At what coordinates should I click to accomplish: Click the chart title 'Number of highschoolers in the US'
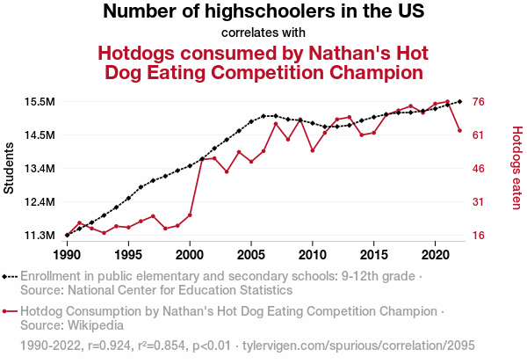click(263, 12)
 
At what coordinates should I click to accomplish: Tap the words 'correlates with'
click(263, 33)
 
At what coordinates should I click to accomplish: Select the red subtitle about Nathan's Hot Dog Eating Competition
click(263, 62)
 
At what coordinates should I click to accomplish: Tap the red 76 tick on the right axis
click(480, 102)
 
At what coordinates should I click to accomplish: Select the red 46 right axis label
click(480, 169)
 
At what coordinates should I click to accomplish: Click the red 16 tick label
click(480, 236)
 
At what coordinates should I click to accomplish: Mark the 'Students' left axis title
click(10, 169)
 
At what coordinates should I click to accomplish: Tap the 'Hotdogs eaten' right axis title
click(516, 169)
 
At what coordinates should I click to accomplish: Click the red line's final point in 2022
click(460, 130)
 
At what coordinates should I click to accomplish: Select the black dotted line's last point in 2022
click(460, 101)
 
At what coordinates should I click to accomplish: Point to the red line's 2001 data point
click(202, 158)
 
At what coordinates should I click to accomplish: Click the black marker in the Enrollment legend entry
click(8, 275)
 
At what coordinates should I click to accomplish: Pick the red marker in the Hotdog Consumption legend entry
click(8, 311)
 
